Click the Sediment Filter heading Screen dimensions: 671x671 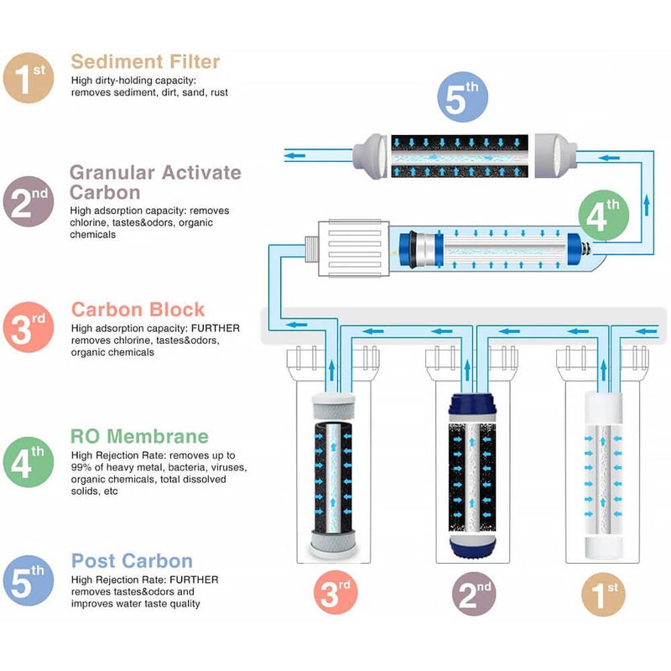(x=145, y=61)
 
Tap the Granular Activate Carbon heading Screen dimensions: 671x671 (x=155, y=182)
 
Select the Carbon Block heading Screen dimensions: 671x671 (x=138, y=309)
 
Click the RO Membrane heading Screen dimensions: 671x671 (x=139, y=436)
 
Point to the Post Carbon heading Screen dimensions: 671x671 (x=132, y=561)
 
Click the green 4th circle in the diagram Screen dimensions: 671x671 (x=602, y=216)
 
